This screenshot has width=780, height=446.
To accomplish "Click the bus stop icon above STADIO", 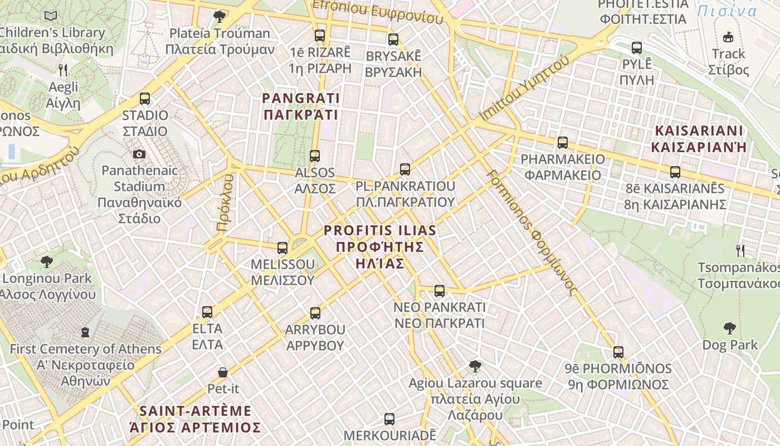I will (x=145, y=99).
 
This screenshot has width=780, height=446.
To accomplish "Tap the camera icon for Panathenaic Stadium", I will (x=139, y=154).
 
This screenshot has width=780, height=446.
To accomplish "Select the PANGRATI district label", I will (x=300, y=106).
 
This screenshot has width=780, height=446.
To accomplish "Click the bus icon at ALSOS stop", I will (x=315, y=156).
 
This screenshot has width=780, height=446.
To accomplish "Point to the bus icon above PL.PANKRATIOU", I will (x=405, y=169).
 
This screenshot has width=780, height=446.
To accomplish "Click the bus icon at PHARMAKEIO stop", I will (x=563, y=143).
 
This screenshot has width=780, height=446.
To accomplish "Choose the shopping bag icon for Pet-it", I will (x=223, y=372).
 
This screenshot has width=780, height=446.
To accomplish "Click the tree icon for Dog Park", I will (x=729, y=328).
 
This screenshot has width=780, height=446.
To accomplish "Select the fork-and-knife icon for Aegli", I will (x=63, y=70).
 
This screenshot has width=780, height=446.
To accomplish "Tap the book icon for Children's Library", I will (x=51, y=16).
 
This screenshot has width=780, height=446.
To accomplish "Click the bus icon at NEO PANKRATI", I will (x=440, y=290).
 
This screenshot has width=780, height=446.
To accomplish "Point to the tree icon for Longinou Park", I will (x=47, y=261).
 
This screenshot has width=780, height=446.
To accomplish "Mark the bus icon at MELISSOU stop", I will (x=282, y=248).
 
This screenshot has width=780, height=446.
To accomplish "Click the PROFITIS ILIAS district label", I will (x=380, y=246).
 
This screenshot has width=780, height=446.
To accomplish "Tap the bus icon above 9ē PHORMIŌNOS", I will (x=618, y=352).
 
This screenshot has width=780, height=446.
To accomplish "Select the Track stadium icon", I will (x=728, y=37).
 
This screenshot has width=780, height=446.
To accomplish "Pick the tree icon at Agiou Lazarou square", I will (x=475, y=366).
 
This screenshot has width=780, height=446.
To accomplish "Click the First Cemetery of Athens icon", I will (x=85, y=332).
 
